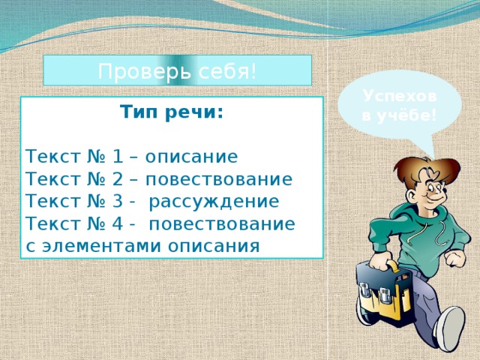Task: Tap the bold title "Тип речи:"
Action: pyautogui.click(x=172, y=113)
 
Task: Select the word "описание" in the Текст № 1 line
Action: pyautogui.click(x=191, y=157)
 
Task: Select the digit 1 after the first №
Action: pyautogui.click(x=117, y=157)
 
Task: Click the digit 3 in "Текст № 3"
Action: pyautogui.click(x=117, y=202)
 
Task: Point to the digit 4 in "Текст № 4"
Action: pyautogui.click(x=117, y=224)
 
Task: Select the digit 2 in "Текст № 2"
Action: pyautogui.click(x=117, y=180)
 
